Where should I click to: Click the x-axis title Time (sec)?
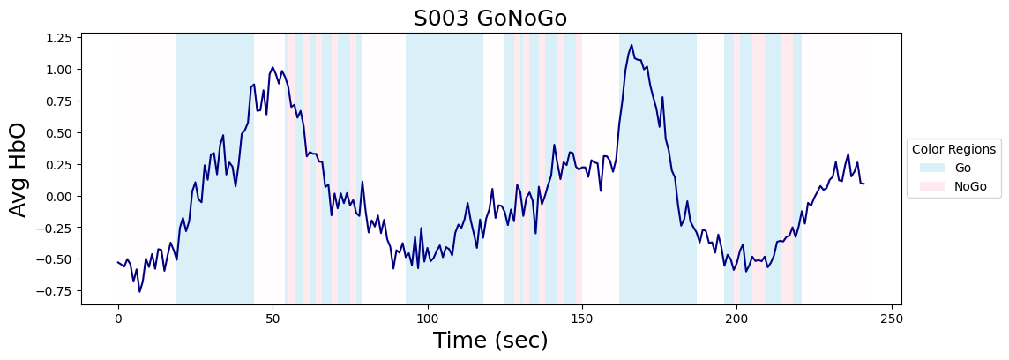(x=491, y=340)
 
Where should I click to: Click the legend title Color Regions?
(x=953, y=149)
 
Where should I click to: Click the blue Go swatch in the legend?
(x=931, y=168)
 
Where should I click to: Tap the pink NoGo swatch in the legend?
(x=931, y=186)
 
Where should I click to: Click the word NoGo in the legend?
(x=970, y=186)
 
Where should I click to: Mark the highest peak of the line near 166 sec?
(x=632, y=44)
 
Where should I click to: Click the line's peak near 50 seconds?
(x=273, y=67)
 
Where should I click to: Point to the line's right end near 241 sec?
(x=863, y=184)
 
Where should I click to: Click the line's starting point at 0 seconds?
(x=118, y=262)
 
